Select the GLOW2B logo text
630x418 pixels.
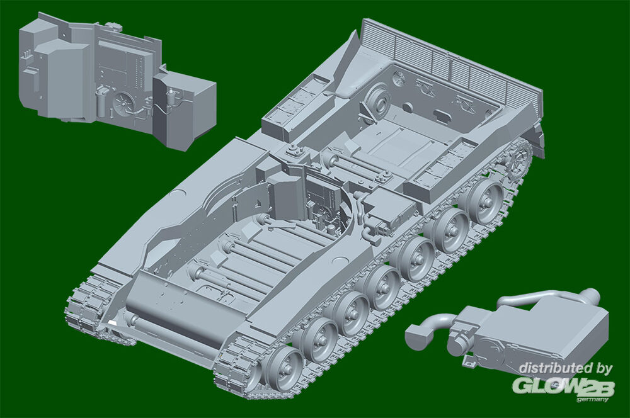[563, 387]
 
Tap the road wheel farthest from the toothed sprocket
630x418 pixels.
[283, 368]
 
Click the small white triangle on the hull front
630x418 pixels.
[112, 322]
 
